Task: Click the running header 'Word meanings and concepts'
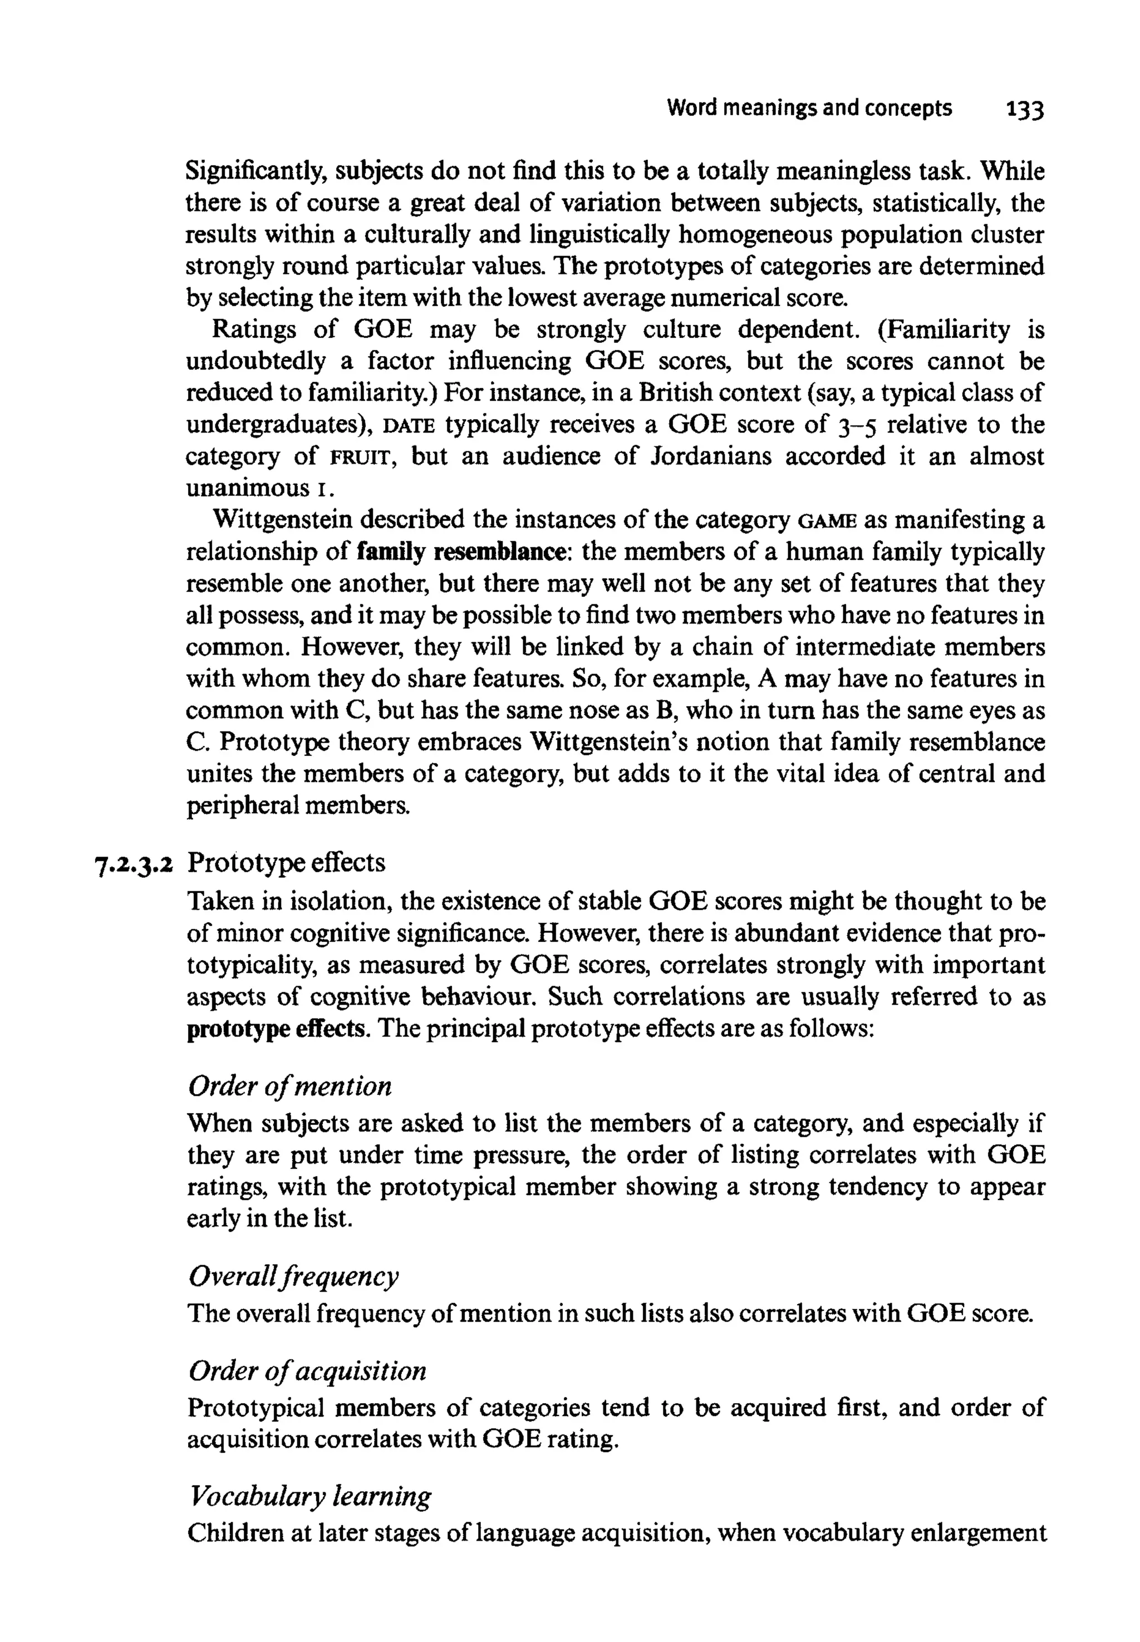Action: [x=809, y=109]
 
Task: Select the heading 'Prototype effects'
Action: [x=287, y=863]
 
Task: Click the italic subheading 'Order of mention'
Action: [x=290, y=1087]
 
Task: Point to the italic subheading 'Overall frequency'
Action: [x=293, y=1276]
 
